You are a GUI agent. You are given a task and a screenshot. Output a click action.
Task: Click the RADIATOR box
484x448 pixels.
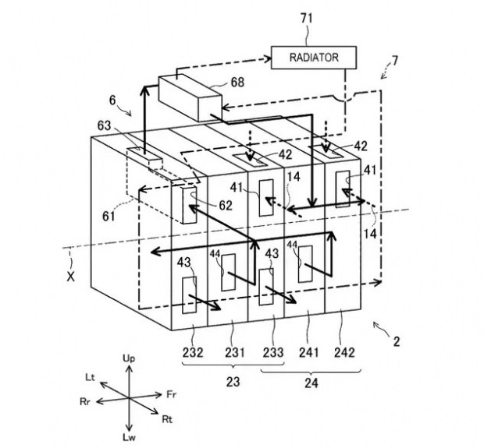[x=314, y=58]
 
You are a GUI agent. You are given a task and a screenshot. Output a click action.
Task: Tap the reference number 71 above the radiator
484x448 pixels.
[x=307, y=19]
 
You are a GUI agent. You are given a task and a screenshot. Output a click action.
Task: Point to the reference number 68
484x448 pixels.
[x=237, y=83]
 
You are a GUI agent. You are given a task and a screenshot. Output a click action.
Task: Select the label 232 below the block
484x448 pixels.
[x=193, y=352]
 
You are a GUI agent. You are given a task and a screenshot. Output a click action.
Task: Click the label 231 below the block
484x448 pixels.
[x=235, y=352]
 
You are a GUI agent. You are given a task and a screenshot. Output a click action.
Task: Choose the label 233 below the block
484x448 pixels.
[x=273, y=352]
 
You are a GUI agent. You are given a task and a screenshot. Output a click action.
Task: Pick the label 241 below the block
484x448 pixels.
[x=308, y=352]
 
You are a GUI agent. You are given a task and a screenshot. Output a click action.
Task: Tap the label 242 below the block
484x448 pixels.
[x=344, y=352]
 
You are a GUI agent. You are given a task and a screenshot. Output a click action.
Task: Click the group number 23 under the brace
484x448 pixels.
[x=233, y=382]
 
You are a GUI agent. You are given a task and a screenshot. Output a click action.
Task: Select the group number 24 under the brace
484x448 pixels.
[x=311, y=383]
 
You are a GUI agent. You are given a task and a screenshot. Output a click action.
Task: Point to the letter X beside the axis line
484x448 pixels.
[x=71, y=277]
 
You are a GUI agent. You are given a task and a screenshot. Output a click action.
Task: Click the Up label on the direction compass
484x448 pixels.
[x=129, y=358]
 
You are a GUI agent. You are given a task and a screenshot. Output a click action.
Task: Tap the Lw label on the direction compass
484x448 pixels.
[x=129, y=437]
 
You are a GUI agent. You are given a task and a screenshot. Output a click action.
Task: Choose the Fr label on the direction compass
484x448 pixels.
[x=172, y=395]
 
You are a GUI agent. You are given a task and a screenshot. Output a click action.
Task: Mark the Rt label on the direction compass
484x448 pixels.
[x=167, y=419]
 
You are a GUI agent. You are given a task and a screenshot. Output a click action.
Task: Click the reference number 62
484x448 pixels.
[x=226, y=206]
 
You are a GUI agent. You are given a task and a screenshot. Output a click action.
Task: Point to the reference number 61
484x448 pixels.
[x=109, y=217]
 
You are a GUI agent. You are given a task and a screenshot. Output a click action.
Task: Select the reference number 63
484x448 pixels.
[x=104, y=125]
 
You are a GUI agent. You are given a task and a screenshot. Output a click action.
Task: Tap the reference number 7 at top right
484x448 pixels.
[x=395, y=61]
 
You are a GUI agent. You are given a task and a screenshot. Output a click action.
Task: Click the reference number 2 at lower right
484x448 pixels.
[x=397, y=342]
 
